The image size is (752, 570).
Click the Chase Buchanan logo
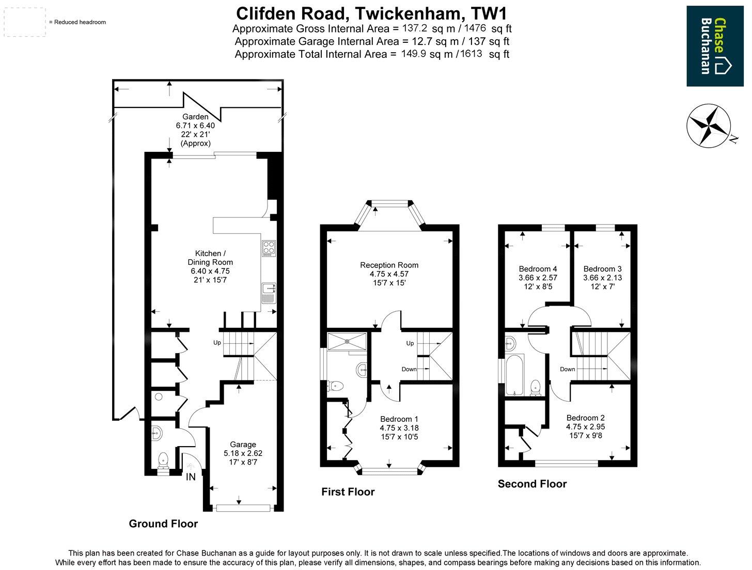[x=715, y=46]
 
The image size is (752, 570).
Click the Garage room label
[x=243, y=444]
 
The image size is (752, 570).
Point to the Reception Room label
[x=389, y=265]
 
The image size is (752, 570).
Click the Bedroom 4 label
[x=538, y=268]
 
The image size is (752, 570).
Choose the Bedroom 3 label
[x=602, y=268]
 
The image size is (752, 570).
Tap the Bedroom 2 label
[x=585, y=418]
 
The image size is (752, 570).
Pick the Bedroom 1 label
[x=399, y=419]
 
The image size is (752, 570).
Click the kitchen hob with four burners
[x=269, y=248]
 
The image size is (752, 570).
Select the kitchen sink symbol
[x=269, y=294]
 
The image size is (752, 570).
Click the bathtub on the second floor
[x=514, y=375]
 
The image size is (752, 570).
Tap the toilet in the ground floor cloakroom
[x=163, y=458]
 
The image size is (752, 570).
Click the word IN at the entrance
[x=191, y=477]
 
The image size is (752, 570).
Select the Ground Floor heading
[x=163, y=524]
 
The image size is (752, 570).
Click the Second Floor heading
[x=532, y=484]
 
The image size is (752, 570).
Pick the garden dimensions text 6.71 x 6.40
[x=195, y=125]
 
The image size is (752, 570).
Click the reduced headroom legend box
[x=25, y=22]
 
